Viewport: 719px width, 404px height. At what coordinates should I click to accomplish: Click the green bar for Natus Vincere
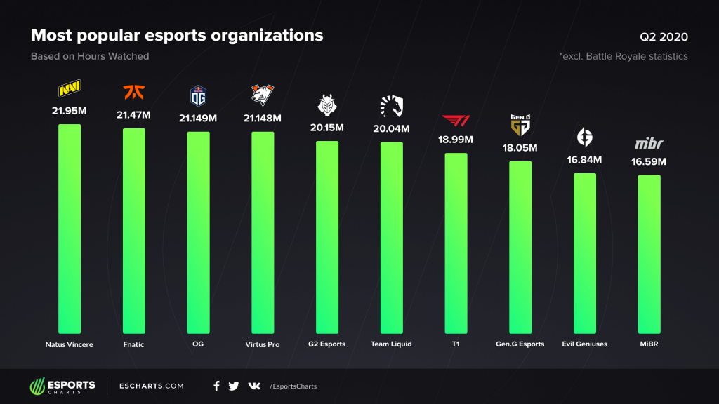tap(70, 228)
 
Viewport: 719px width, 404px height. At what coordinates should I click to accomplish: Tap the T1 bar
tap(456, 243)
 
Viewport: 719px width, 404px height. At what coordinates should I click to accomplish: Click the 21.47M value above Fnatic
tap(134, 114)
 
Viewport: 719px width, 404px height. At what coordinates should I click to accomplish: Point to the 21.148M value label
tap(263, 118)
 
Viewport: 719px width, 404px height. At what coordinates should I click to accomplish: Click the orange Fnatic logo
tap(133, 92)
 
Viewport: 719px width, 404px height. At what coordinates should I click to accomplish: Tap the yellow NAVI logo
tap(70, 90)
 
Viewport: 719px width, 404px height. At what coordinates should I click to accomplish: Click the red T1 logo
tap(456, 119)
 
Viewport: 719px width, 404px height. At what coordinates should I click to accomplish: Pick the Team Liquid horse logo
tap(391, 106)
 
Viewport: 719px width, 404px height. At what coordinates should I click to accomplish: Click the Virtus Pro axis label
tap(263, 344)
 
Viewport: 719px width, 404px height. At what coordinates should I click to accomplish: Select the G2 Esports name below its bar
tap(326, 344)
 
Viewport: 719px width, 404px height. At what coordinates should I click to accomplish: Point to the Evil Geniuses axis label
tap(585, 344)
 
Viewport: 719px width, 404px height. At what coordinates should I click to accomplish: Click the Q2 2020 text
tap(664, 36)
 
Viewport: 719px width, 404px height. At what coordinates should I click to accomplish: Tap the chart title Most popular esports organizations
tap(177, 35)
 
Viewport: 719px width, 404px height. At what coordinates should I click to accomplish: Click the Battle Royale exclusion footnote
tap(624, 56)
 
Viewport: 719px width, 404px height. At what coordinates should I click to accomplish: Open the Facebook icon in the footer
tap(216, 386)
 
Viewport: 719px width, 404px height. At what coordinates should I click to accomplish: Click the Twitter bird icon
tap(234, 386)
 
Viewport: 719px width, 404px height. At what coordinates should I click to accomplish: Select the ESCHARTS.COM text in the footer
tap(152, 386)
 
